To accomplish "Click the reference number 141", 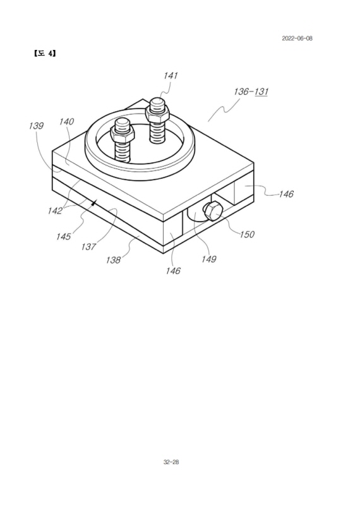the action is [x=171, y=76].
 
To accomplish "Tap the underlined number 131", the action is [x=261, y=92].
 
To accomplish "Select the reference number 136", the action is [x=241, y=92].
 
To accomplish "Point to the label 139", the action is [x=36, y=126].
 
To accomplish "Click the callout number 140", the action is [x=66, y=122].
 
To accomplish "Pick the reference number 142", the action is [x=54, y=211].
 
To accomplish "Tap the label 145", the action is [x=63, y=236].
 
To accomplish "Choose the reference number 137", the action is [x=88, y=247].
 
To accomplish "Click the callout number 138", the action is [x=113, y=260].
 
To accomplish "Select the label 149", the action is [x=208, y=259].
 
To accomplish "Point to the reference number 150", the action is [x=247, y=234].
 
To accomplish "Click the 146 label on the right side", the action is [x=286, y=194].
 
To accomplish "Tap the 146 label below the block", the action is [x=173, y=271].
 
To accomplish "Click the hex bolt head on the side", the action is [x=212, y=211].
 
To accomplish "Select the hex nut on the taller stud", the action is [x=157, y=113].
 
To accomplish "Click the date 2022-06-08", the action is [x=297, y=39].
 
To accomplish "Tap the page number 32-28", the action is [x=171, y=462].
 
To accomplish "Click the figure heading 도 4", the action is [x=45, y=53].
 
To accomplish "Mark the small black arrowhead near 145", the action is [x=94, y=203].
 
